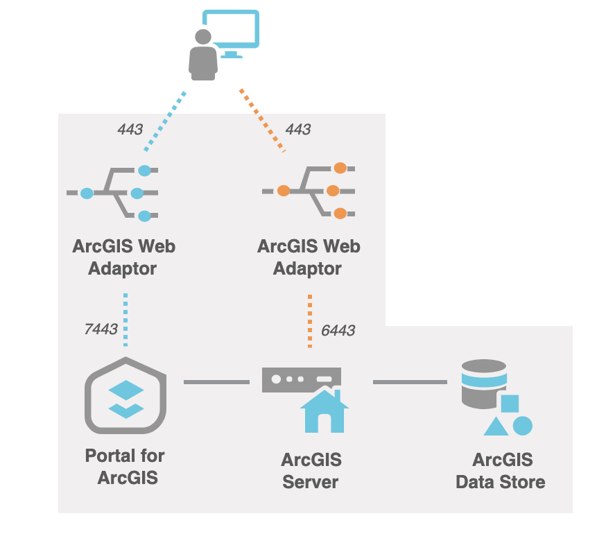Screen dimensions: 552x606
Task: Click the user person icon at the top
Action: pos(202,55)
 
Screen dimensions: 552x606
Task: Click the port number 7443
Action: pos(101,329)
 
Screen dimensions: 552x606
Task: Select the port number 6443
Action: pos(338,331)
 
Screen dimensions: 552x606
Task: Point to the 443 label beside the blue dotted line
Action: pos(130,129)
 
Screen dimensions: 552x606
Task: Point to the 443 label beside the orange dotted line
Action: pos(297,129)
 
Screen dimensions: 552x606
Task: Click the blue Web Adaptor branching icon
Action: pos(114,192)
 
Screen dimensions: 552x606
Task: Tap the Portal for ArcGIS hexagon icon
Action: pos(126,395)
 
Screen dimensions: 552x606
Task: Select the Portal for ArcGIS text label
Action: pos(125,467)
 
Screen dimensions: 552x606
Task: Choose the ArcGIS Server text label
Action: pos(311,471)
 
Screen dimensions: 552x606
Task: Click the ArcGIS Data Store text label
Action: pos(501,471)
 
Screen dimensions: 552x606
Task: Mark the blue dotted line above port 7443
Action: pos(125,319)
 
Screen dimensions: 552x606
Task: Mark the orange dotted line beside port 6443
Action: pos(310,320)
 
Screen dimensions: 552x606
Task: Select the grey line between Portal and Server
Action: pos(216,381)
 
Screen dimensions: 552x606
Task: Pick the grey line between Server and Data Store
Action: pos(410,381)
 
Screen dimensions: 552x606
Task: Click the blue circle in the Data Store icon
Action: pos(522,425)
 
